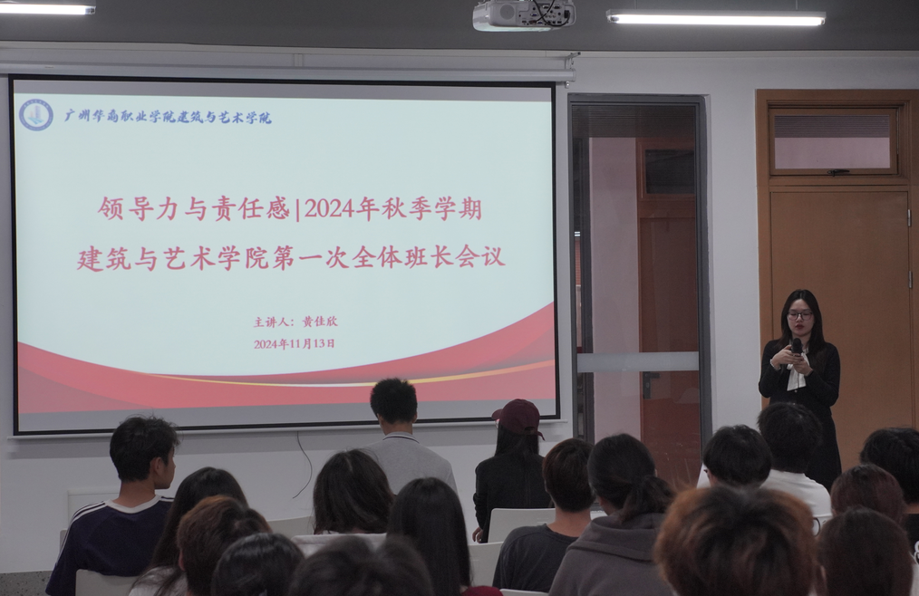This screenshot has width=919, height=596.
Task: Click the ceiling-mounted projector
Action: coord(523,14)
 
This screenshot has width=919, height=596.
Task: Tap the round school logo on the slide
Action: coord(35,115)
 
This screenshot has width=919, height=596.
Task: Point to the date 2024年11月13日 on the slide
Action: coord(295,344)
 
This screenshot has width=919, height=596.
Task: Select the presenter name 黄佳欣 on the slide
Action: coord(320,322)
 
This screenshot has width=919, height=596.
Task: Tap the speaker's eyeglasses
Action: coord(800,315)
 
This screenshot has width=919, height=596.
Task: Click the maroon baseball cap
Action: coord(518,417)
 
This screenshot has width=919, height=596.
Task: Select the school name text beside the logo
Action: coord(168,117)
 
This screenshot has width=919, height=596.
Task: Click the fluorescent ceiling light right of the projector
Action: coord(716,17)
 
